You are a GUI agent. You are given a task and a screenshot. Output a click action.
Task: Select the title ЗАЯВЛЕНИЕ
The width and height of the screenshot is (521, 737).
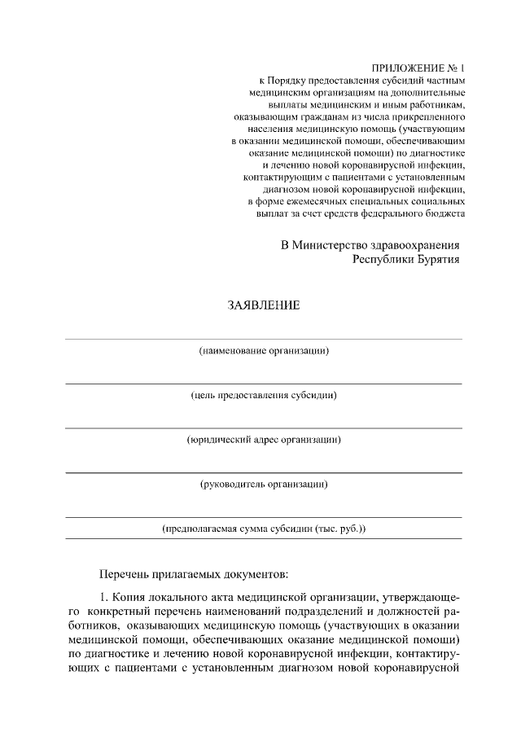[263, 306]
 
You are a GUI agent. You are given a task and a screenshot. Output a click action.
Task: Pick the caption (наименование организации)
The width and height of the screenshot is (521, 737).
[264, 351]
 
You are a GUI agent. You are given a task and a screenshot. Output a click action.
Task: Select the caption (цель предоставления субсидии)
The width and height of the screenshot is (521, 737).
[264, 396]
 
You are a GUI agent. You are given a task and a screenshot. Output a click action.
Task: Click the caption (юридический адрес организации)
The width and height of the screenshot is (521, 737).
[264, 441]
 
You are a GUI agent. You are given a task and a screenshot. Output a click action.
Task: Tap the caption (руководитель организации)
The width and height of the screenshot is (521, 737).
[264, 485]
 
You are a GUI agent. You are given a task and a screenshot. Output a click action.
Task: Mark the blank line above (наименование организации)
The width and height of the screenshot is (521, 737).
[264, 339]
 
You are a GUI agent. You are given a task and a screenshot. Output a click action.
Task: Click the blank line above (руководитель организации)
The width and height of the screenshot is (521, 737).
[264, 472]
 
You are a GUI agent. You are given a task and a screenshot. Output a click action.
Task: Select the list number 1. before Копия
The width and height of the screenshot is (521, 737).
[104, 599]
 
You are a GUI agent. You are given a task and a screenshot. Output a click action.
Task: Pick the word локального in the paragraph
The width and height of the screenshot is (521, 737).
[182, 599]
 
